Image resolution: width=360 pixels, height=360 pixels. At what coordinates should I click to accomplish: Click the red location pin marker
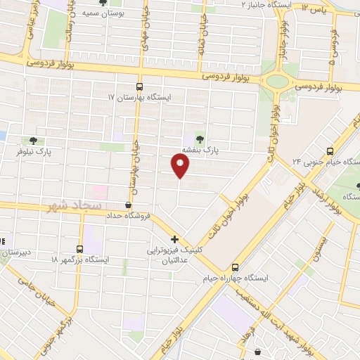181,166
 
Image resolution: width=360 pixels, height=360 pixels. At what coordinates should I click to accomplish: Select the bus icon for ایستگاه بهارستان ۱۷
139,86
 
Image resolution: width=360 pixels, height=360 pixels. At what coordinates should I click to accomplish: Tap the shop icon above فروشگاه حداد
128,205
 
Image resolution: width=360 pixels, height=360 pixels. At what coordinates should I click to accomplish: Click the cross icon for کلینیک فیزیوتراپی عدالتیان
174,239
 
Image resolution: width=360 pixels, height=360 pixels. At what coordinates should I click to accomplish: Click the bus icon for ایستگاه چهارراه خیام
235,266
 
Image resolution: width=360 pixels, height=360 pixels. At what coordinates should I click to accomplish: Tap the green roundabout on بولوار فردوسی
278,81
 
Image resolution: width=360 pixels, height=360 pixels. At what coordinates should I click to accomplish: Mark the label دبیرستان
15,251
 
